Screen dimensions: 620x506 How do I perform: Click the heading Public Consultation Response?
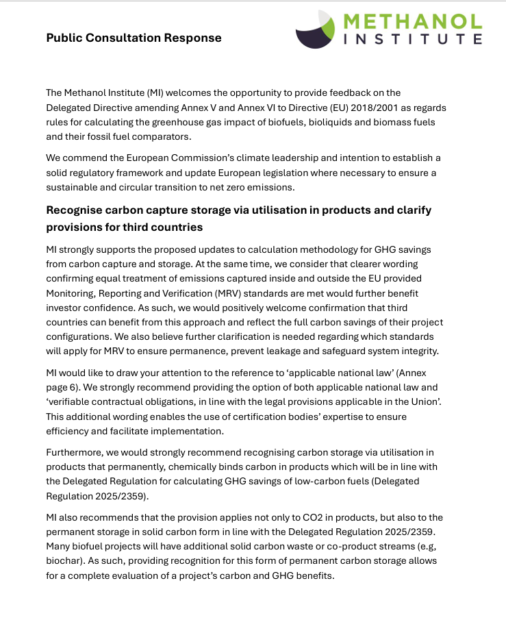134,38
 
